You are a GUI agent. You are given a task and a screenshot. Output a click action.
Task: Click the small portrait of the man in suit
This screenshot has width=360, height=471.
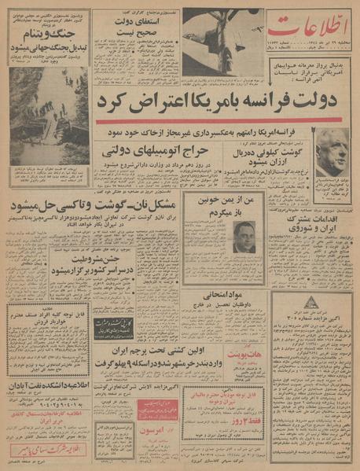(245, 236)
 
